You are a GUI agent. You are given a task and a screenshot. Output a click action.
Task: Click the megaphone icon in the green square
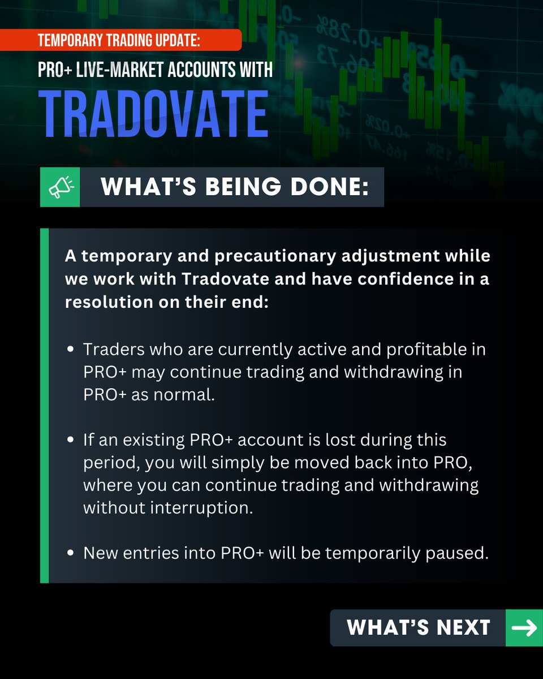[60, 187]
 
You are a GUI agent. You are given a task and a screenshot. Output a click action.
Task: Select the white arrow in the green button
[523, 628]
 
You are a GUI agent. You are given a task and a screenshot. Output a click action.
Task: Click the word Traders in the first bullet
[113, 349]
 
